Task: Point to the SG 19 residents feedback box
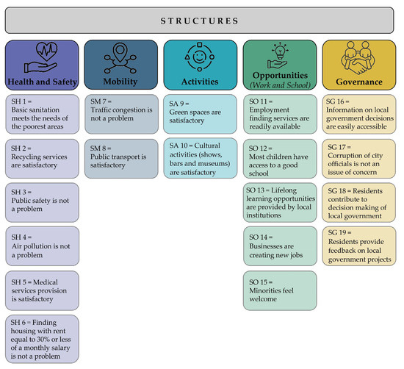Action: (359, 246)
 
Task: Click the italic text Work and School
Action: (280, 87)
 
